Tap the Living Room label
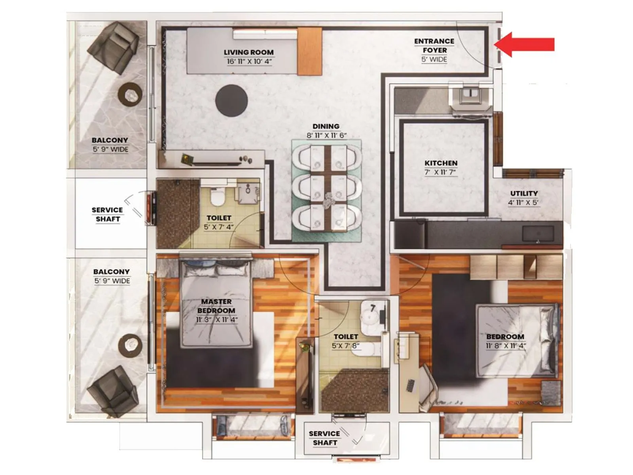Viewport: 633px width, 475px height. tap(248, 52)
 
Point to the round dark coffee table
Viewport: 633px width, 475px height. tap(231, 101)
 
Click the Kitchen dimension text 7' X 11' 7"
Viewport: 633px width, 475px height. tap(441, 172)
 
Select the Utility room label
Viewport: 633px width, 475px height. tap(523, 194)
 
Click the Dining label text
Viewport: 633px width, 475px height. tap(326, 126)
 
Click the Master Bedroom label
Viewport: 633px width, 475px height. tap(216, 306)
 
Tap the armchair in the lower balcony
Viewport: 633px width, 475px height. tap(113, 390)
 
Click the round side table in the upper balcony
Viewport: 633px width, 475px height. tap(130, 95)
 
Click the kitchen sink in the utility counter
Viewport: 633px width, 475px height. tap(538, 234)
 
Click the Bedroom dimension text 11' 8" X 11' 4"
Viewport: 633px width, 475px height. tap(505, 346)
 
